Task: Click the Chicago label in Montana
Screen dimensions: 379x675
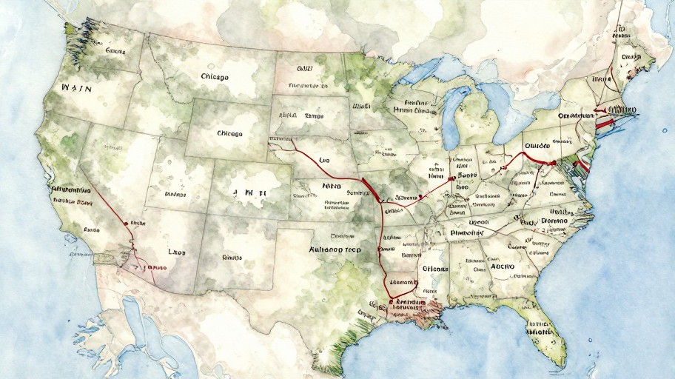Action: click(215, 76)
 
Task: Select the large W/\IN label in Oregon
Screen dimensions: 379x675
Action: click(76, 88)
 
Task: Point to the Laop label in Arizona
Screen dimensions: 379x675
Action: click(177, 252)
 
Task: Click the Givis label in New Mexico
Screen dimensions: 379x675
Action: click(232, 258)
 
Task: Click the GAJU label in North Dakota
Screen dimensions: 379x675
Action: click(305, 68)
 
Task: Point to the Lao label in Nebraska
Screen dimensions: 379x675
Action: click(323, 159)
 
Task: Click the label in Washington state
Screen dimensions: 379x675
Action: click(115, 51)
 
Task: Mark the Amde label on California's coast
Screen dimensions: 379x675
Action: click(92, 229)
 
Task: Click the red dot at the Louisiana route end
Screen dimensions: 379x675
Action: click(390, 302)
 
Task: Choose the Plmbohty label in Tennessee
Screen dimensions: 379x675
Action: click(466, 232)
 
